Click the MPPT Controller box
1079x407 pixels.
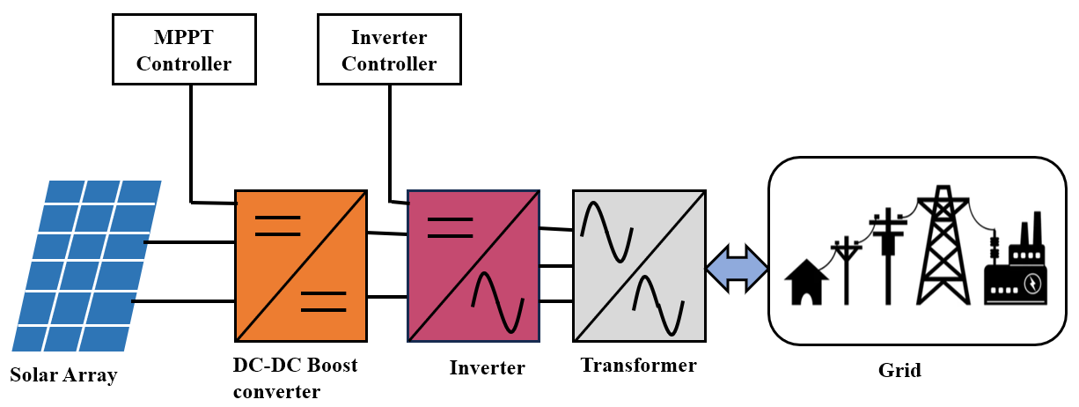point(184,50)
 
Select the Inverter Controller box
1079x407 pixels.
point(389,50)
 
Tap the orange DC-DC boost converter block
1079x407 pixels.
point(300,265)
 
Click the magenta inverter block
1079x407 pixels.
point(473,265)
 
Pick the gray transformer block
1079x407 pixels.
point(638,265)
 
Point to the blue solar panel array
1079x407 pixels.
point(86,265)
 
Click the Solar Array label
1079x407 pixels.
point(63,375)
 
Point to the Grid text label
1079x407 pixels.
point(899,370)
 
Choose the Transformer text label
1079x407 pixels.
point(638,365)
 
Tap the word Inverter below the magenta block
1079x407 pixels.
point(487,367)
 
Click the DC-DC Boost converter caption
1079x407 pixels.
point(295,378)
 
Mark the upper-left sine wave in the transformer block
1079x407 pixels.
point(606,231)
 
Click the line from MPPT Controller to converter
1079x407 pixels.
point(192,141)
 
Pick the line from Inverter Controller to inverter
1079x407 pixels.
point(389,141)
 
